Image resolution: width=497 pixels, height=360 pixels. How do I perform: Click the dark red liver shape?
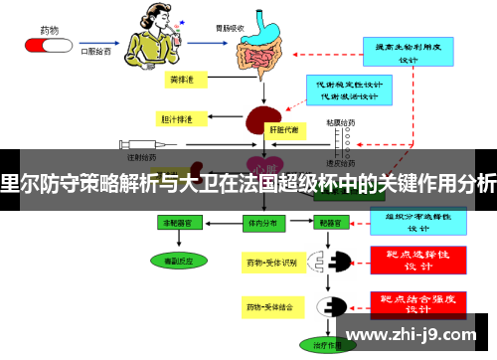click(262, 124)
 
